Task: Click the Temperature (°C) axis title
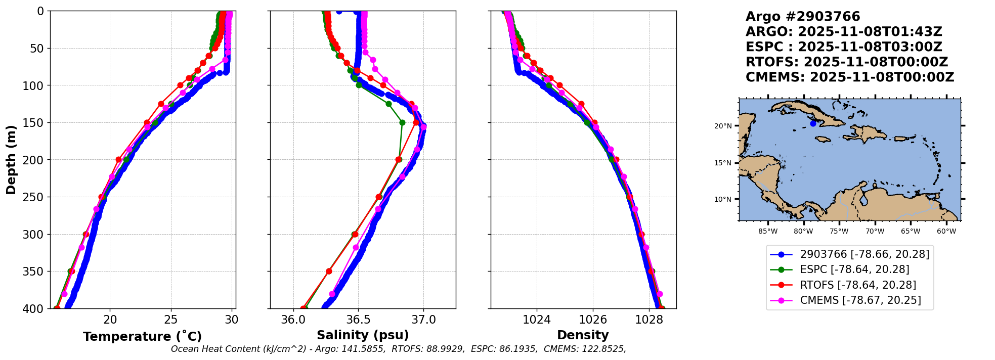click(x=142, y=336)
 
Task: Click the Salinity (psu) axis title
click(x=363, y=335)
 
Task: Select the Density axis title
click(x=583, y=335)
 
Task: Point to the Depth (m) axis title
click(x=11, y=160)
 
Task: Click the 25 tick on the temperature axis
click(x=171, y=320)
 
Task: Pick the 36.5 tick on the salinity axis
click(x=358, y=320)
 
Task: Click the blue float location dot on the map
click(x=813, y=123)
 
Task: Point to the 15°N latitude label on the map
click(x=723, y=163)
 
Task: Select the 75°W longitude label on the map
click(x=839, y=232)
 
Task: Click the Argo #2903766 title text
click(x=803, y=17)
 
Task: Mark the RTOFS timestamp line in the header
click(x=847, y=62)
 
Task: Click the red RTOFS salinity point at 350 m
click(x=329, y=272)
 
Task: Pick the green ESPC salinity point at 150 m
click(x=402, y=122)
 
